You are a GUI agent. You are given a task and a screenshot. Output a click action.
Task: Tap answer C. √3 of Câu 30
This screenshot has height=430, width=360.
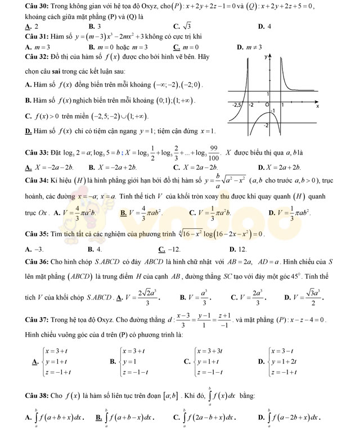pos(183,26)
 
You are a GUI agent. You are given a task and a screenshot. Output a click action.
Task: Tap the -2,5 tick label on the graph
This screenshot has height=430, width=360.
pos(238,105)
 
